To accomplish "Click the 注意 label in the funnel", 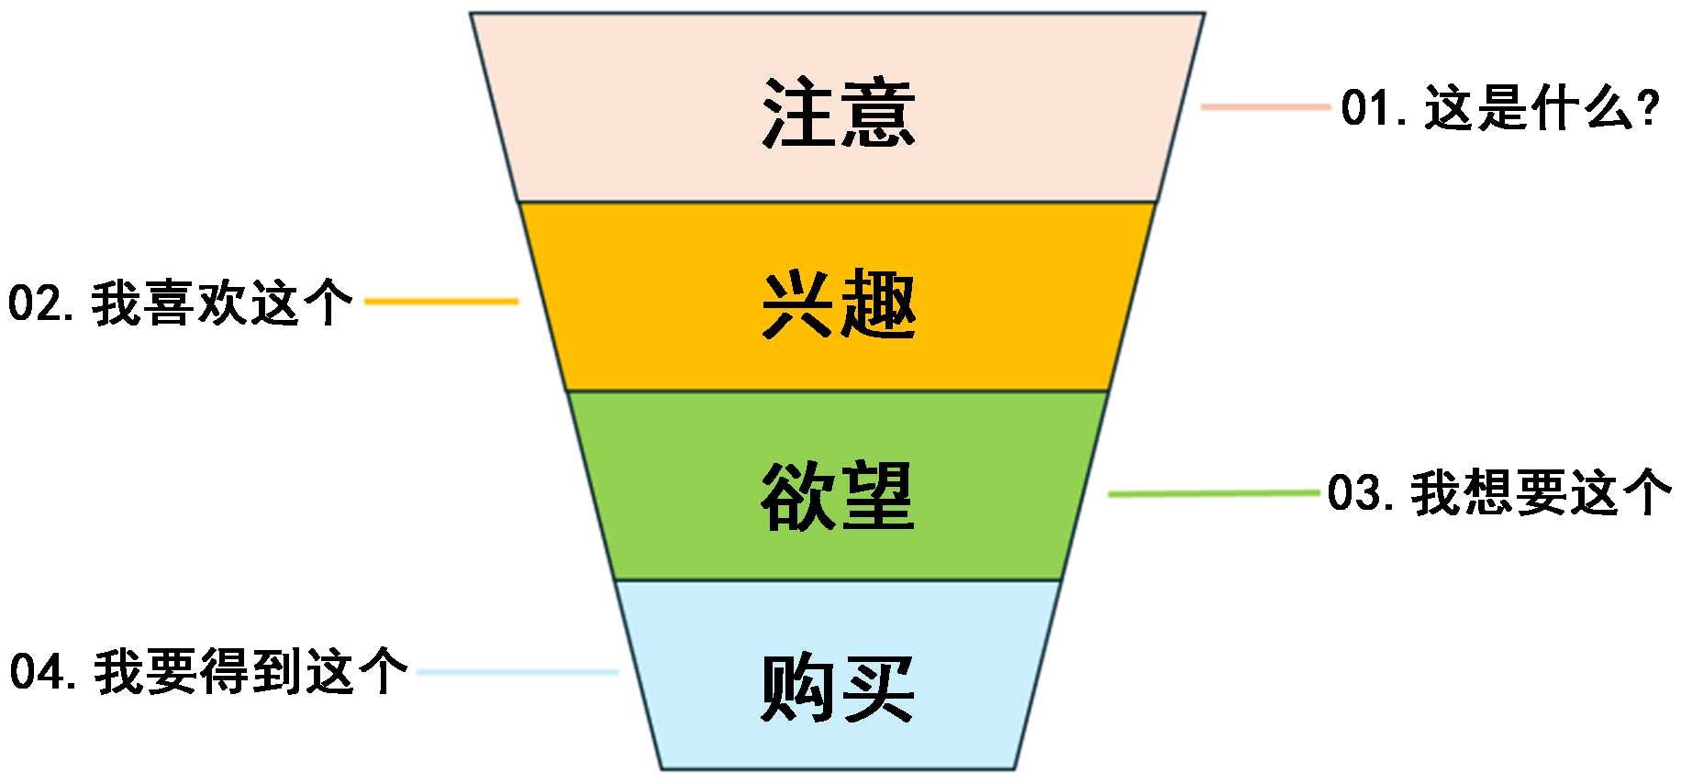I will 839,113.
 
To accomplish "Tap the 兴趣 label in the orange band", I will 839,304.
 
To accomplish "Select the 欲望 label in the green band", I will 838,496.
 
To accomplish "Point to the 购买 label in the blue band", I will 838,688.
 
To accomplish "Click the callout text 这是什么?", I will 1542,108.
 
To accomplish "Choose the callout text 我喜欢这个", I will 221,303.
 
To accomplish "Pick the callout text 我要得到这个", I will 250,672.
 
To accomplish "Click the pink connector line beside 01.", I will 1264,107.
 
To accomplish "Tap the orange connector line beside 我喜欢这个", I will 441,301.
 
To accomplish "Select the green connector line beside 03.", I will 1213,493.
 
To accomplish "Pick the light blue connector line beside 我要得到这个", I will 518,672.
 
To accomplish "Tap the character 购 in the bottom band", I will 797,688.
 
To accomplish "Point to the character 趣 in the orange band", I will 878,304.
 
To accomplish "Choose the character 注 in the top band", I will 797,113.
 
